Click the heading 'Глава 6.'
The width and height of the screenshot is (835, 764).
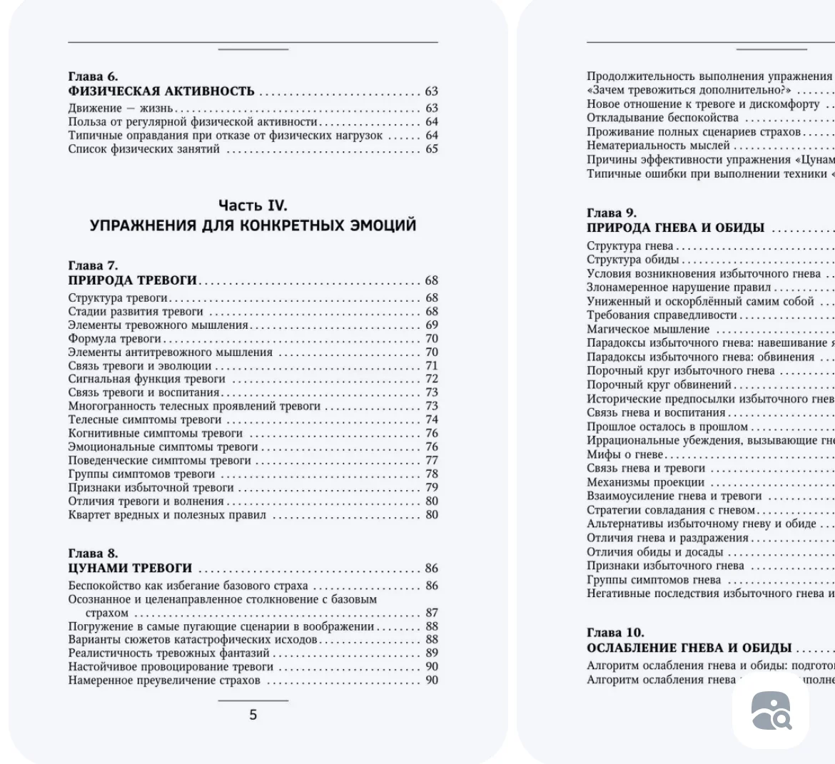93,76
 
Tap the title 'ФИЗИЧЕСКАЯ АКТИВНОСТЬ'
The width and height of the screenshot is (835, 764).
161,91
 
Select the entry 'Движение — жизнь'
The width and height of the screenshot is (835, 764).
121,108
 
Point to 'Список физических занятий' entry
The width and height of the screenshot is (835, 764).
144,149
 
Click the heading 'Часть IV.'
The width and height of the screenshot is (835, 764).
253,205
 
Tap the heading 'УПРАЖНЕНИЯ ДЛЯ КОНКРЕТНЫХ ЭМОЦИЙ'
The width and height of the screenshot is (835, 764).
253,225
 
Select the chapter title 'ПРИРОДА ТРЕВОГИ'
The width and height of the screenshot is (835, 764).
133,280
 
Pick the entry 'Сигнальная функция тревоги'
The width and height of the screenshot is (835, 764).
146,380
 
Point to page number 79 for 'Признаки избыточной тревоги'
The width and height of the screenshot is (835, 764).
432,488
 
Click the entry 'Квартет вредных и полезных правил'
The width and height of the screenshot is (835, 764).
167,515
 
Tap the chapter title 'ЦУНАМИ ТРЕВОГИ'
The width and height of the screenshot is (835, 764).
130,569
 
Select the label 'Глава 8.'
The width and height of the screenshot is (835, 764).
93,554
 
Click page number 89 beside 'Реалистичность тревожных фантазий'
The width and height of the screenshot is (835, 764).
432,653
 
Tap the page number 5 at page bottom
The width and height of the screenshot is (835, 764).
253,715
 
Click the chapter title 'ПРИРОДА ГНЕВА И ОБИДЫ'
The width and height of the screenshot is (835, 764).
675,228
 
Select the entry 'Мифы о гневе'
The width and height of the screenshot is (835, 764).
624,454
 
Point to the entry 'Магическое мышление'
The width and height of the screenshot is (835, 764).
648,330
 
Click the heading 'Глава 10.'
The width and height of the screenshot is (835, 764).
614,633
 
